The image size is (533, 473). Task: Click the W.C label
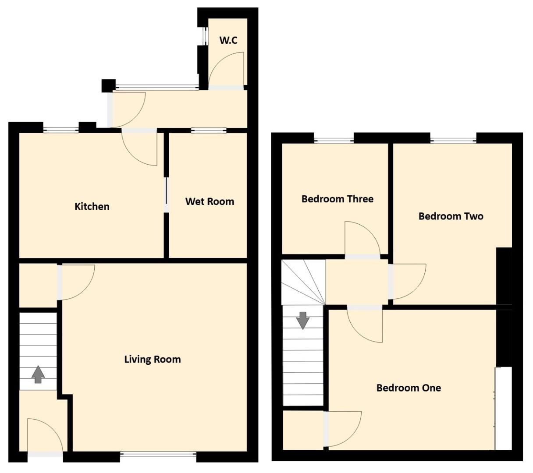[x=228, y=40]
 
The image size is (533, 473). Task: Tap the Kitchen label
[x=92, y=206]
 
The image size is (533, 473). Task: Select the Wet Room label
[x=210, y=201]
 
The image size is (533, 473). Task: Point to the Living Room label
[x=153, y=360]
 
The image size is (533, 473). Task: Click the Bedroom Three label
[x=338, y=199]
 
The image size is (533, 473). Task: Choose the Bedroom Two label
[x=451, y=216]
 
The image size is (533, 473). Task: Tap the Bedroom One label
[x=409, y=388]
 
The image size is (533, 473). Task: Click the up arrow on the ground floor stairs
[x=38, y=374]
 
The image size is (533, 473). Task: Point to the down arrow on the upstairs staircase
[x=303, y=320]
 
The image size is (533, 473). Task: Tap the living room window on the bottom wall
[x=158, y=455]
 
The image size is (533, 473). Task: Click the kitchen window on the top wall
[x=61, y=129]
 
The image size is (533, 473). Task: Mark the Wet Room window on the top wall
[x=209, y=130]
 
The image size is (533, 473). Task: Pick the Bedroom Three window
[x=334, y=141]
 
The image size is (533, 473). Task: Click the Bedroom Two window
[x=453, y=141]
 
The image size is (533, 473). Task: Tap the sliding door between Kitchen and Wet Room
[x=166, y=195]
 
